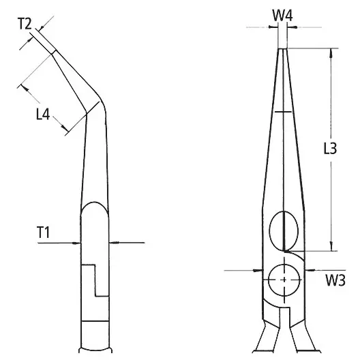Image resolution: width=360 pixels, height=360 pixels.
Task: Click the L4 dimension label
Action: pos(43,115)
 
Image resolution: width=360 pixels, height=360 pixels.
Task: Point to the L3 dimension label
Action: pos(329,151)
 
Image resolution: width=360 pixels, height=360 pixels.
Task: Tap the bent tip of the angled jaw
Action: pos(52,52)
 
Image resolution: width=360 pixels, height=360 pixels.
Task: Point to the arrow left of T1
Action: pos(75,242)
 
